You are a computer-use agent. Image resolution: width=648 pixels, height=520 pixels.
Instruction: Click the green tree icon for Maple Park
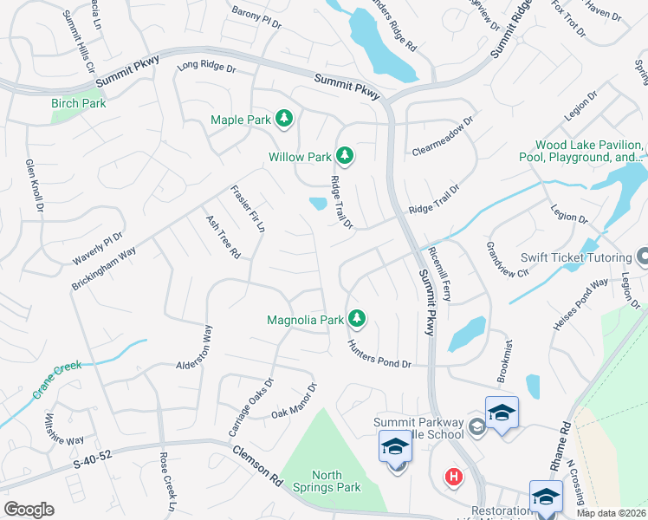click(283, 119)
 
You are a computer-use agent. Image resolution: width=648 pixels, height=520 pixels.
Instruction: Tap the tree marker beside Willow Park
click(346, 156)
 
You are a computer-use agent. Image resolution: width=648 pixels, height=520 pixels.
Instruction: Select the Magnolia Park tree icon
click(356, 319)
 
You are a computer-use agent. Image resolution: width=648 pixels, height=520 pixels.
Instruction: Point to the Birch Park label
click(78, 103)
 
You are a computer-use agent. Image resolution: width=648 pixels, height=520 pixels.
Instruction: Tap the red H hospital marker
click(452, 477)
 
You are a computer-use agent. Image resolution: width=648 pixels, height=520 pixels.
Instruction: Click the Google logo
click(29, 510)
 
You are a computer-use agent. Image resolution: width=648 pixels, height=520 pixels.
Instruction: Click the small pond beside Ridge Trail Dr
click(318, 204)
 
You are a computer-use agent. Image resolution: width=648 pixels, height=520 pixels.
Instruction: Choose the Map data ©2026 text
click(611, 513)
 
